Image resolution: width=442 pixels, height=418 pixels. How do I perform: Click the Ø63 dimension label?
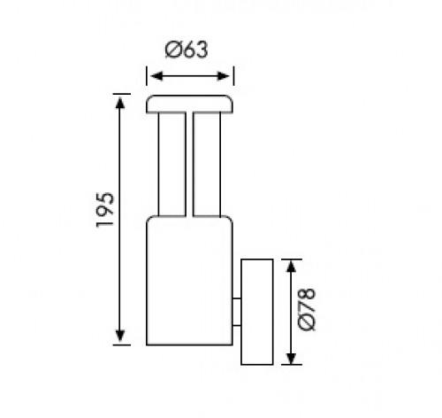[187, 50]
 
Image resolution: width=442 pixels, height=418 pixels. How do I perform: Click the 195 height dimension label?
[105, 210]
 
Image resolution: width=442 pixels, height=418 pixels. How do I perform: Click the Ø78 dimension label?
[307, 310]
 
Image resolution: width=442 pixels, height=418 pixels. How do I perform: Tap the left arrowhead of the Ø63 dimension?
[156, 76]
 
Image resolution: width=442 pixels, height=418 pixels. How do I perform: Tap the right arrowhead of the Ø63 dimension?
[223, 76]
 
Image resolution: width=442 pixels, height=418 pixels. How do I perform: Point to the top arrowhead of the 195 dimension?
[120, 103]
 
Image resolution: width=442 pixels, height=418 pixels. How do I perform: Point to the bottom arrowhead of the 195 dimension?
[120, 336]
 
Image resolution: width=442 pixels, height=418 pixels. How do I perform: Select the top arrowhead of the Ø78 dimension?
[291, 267]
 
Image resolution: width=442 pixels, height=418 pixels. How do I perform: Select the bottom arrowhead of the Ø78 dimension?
[291, 358]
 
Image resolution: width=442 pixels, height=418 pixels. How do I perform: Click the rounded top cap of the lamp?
[189, 104]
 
